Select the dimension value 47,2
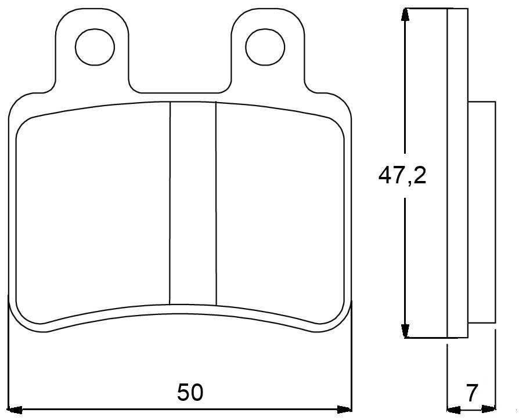point(402,175)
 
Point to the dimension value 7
point(472,393)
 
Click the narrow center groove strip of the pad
point(193,203)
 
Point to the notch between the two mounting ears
point(180,78)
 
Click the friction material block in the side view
point(482,212)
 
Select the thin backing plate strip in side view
point(457,174)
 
